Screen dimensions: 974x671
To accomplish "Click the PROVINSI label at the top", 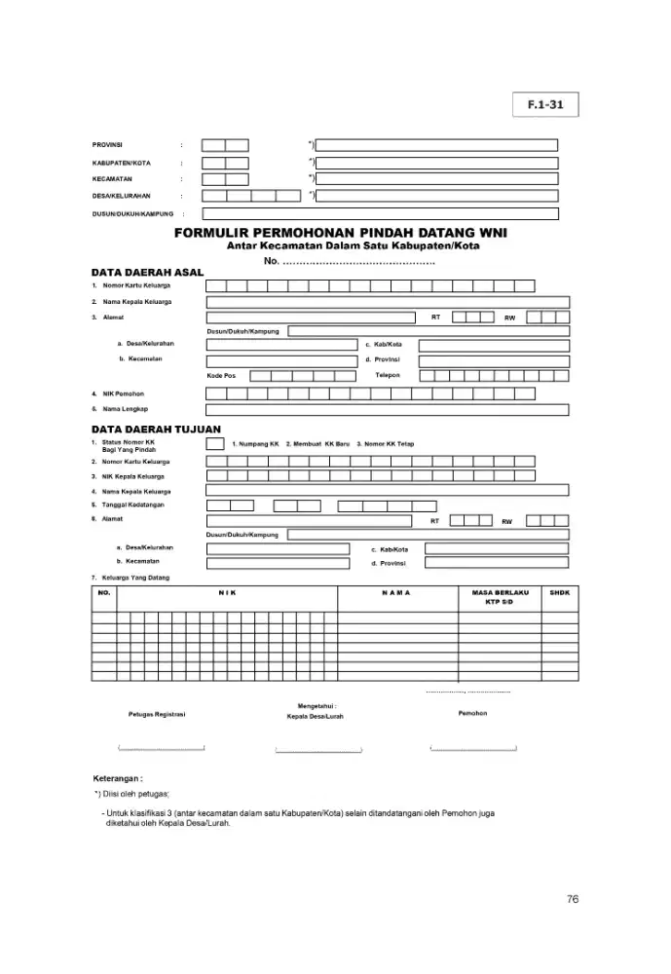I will [107, 145].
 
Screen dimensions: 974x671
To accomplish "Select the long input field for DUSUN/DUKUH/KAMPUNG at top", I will [380, 213].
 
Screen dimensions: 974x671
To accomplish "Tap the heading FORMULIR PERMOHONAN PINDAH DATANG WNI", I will [340, 234].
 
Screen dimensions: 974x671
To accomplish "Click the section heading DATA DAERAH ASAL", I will [147, 272].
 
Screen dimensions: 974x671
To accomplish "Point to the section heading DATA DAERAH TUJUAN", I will [156, 429].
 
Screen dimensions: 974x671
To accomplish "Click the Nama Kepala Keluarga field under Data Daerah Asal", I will [387, 302].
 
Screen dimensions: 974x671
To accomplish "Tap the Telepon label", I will [388, 375].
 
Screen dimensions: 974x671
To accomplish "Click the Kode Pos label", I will [221, 375].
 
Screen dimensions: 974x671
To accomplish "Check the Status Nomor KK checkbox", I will [215, 443].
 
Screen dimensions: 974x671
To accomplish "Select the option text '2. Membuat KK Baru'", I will [317, 444].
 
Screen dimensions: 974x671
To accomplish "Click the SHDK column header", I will [559, 592].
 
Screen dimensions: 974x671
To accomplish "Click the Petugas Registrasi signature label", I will [157, 714].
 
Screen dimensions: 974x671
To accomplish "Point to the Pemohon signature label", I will [472, 713].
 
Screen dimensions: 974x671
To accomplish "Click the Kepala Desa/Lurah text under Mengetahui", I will [315, 716].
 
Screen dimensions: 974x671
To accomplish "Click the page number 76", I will [573, 899].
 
